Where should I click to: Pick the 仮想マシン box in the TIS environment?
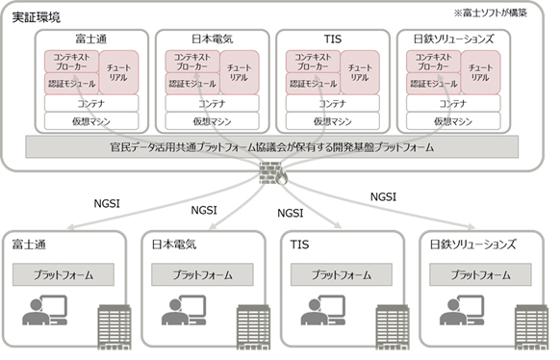[333, 122]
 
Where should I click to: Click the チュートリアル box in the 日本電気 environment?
[238, 69]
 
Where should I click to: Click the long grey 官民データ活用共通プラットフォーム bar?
[279, 148]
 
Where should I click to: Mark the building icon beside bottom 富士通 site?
[115, 326]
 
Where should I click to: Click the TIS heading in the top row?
[333, 39]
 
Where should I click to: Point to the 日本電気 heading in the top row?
[212, 39]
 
